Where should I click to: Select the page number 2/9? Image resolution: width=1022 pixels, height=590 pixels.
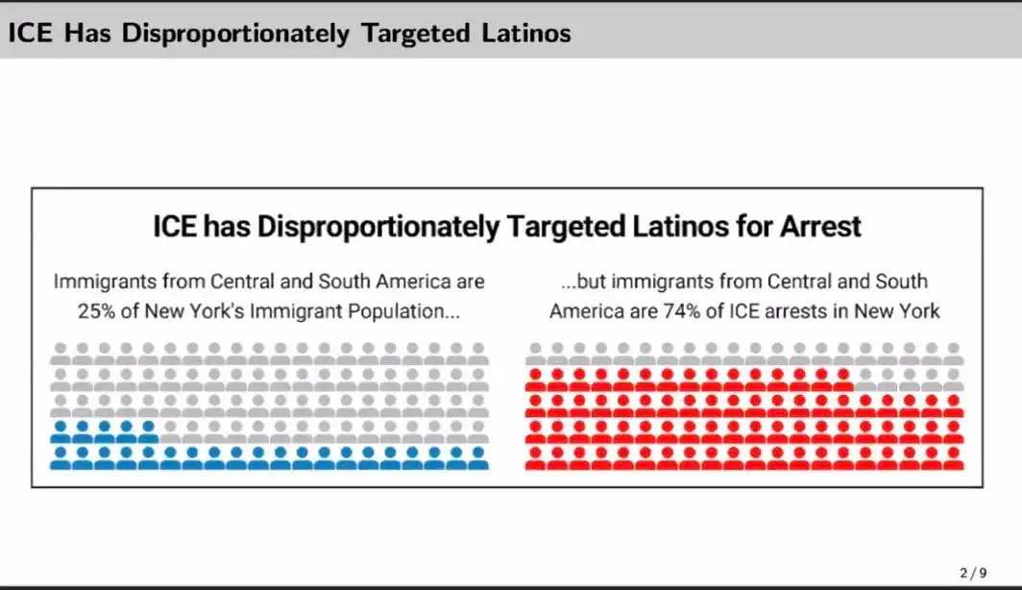[x=972, y=572]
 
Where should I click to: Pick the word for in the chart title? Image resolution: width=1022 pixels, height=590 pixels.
[x=737, y=227]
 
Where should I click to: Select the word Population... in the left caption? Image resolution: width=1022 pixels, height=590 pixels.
[x=401, y=311]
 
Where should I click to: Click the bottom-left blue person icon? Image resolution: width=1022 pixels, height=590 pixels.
[x=61, y=457]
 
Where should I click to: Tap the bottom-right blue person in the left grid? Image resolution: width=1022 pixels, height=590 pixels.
[x=478, y=457]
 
